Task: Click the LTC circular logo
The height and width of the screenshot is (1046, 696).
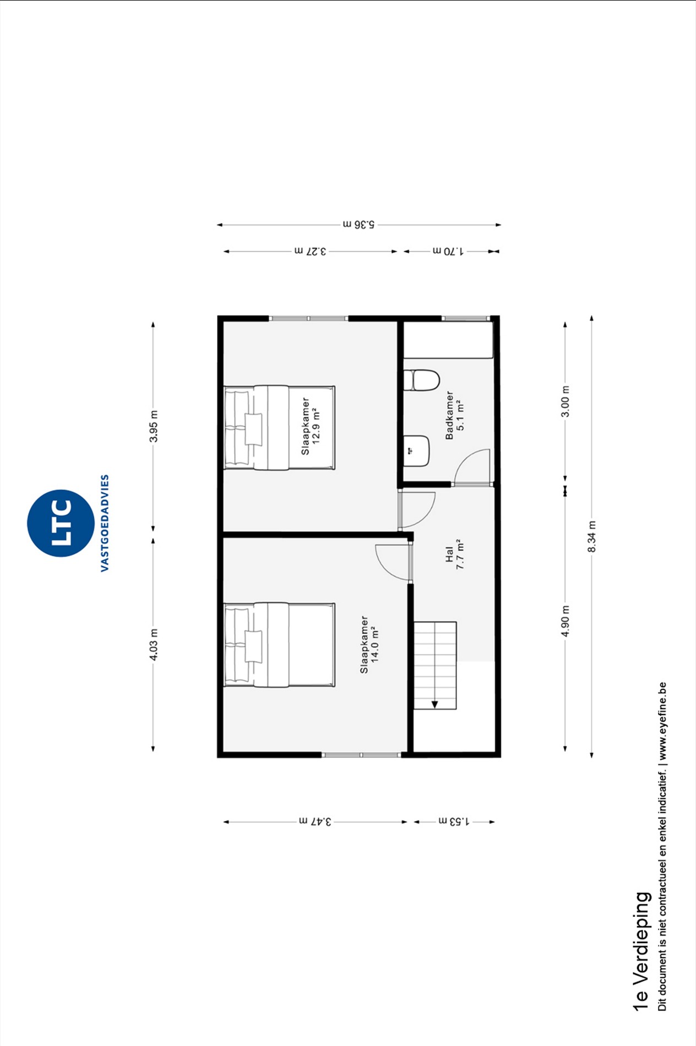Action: [x=61, y=523]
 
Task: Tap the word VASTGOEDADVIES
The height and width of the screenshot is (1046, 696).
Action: [x=105, y=523]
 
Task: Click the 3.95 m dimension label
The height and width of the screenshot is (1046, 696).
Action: [x=154, y=426]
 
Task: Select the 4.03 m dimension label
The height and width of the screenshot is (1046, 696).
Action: [x=154, y=645]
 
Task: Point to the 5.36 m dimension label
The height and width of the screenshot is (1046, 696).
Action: [x=358, y=225]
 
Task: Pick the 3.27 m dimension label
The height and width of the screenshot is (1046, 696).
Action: [x=310, y=251]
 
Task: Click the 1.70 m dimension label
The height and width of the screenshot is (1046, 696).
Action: [x=448, y=251]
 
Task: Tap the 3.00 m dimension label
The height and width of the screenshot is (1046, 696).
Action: [x=565, y=401]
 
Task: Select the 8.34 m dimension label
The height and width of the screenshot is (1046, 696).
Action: [x=592, y=537]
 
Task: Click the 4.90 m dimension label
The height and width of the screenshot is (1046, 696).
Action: [x=565, y=620]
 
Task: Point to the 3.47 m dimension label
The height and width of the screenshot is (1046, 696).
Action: [x=315, y=821]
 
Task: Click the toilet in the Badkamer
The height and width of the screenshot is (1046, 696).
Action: [x=422, y=380]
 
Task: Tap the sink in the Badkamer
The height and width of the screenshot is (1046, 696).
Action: [x=416, y=451]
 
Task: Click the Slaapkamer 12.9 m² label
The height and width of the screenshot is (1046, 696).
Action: [x=311, y=426]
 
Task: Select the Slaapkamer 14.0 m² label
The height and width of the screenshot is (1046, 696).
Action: [x=369, y=644]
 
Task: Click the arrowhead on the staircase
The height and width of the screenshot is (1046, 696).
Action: [x=434, y=704]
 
